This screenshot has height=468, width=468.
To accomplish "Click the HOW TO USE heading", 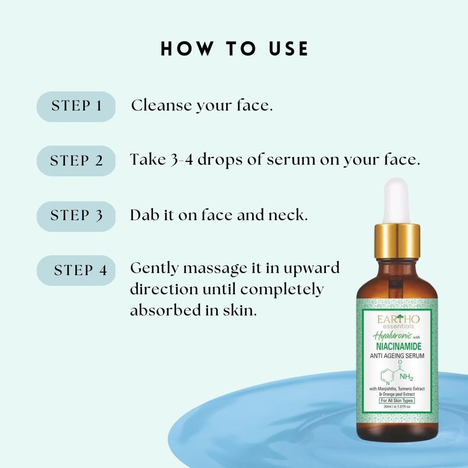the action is click(x=234, y=48).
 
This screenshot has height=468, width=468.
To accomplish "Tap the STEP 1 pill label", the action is click(x=76, y=106).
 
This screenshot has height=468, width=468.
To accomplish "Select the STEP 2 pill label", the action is click(x=76, y=161).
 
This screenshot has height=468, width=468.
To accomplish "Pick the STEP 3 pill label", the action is click(x=76, y=216).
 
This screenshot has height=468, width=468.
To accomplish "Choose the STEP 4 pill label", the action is click(x=76, y=271).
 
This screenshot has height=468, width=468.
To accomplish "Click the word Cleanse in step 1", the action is click(x=161, y=106).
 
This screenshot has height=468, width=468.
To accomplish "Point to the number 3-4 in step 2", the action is click(x=182, y=160).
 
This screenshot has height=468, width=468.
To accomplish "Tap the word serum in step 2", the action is click(x=291, y=160).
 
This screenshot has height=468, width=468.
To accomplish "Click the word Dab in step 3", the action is click(x=144, y=215).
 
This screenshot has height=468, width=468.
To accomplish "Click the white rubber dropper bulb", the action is click(x=396, y=201).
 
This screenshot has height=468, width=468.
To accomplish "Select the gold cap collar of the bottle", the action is click(x=397, y=241).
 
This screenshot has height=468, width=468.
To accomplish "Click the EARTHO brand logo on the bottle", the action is click(x=398, y=321).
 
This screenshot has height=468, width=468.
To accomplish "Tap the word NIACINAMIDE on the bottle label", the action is click(x=399, y=346).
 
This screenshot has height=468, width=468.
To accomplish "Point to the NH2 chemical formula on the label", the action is click(x=406, y=377).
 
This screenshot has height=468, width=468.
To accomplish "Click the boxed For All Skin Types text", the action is click(x=397, y=400).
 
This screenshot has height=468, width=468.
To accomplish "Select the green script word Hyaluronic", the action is click(x=392, y=336).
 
